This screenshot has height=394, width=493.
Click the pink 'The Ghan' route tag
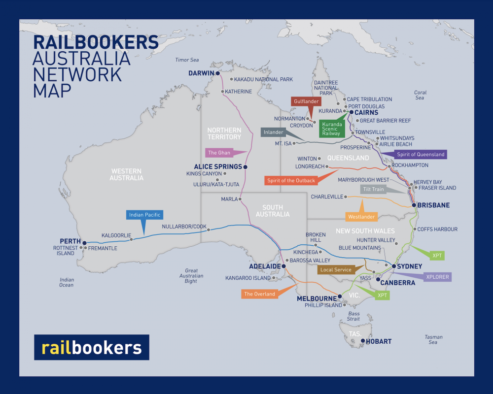tap(219, 153)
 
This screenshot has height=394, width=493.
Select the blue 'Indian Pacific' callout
tap(145, 215)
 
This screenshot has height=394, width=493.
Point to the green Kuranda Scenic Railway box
tap(332, 128)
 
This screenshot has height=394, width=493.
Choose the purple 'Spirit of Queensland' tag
tap(421, 155)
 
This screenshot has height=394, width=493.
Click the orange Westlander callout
tap(361, 216)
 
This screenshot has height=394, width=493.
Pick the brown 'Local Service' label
tap(336, 269)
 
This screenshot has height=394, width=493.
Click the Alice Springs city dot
tap(246, 167)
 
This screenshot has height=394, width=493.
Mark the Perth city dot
tap(85, 243)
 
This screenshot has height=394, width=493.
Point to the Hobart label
tap(380, 341)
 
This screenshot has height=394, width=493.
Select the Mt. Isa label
tap(283, 143)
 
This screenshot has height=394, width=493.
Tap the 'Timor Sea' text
tap(187, 60)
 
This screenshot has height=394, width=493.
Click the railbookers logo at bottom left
tap(92, 348)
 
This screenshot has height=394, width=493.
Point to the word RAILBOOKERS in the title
tap(96, 41)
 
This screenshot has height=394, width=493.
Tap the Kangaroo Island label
tap(248, 278)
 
